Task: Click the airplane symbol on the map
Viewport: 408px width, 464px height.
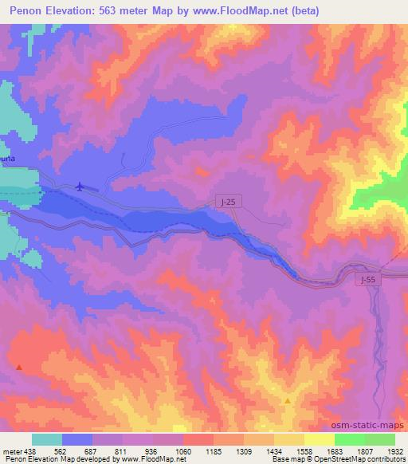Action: [79, 187]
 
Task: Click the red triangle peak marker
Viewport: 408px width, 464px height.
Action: [19, 368]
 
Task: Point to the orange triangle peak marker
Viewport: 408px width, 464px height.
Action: [288, 400]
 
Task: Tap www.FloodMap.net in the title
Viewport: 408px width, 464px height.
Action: [227, 12]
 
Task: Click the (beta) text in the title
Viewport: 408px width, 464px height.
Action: [294, 12]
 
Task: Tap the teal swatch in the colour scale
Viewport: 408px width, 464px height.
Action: [47, 439]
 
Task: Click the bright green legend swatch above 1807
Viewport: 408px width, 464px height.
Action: [350, 439]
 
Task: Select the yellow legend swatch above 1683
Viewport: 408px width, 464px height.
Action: [320, 439]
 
